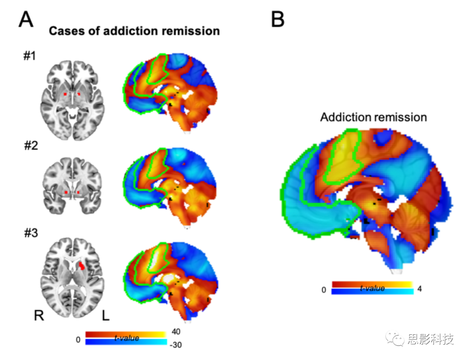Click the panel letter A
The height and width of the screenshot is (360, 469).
tap(26, 19)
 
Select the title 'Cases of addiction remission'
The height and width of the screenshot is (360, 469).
tap(134, 31)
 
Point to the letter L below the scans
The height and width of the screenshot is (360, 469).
tap(106, 316)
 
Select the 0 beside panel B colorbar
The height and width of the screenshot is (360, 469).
tap(324, 291)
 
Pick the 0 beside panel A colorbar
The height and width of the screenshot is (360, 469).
tap(78, 340)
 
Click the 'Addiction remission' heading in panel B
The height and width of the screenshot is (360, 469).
tap(373, 117)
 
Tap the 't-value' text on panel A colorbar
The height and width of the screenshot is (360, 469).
tap(126, 338)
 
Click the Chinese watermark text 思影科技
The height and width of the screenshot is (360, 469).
tap(430, 339)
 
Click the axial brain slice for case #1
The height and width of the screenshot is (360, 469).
tap(72, 100)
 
